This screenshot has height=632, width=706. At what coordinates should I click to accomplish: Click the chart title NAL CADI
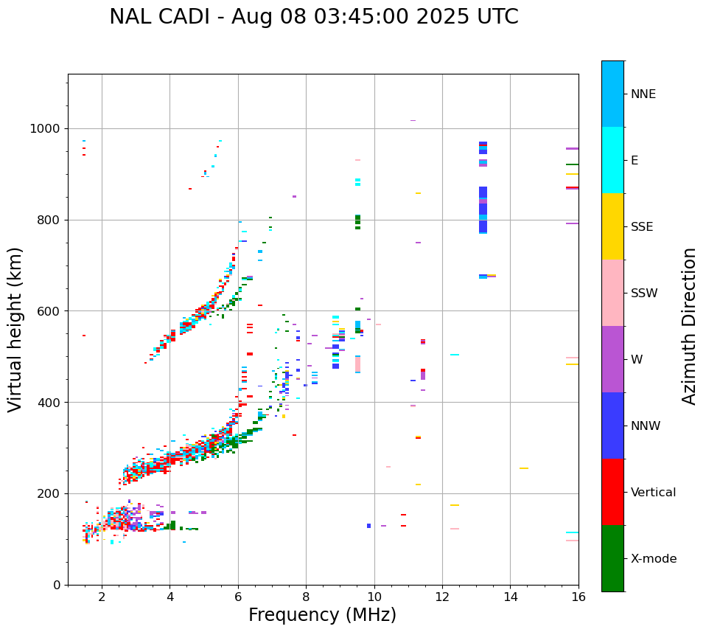[313, 17]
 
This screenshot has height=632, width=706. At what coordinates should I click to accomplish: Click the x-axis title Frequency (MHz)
[322, 615]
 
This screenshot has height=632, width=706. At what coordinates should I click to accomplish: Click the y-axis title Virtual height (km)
[15, 329]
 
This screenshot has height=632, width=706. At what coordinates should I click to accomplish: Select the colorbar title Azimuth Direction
[689, 325]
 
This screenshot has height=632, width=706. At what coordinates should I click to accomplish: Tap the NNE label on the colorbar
[643, 94]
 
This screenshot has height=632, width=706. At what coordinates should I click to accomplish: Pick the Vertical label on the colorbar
[653, 493]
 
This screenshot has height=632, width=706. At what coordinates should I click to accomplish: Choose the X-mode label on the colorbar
[654, 559]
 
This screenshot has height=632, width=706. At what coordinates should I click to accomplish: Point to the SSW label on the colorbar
[643, 294]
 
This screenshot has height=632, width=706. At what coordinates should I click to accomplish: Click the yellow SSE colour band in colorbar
[612, 226]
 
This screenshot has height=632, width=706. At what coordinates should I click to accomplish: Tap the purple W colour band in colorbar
[612, 359]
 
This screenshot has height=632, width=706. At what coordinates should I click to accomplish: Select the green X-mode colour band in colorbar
[612, 558]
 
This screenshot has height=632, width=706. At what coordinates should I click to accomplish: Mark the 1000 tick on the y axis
[47, 128]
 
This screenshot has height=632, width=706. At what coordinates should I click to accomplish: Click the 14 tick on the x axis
[510, 597]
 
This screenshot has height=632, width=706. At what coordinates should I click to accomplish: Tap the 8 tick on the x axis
[306, 597]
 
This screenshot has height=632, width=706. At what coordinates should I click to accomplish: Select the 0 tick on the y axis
[57, 585]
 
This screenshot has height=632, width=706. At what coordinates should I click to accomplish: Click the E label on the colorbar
[634, 161]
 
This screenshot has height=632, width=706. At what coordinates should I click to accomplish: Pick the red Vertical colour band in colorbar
[612, 492]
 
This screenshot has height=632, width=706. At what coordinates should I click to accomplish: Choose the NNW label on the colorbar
[646, 426]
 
